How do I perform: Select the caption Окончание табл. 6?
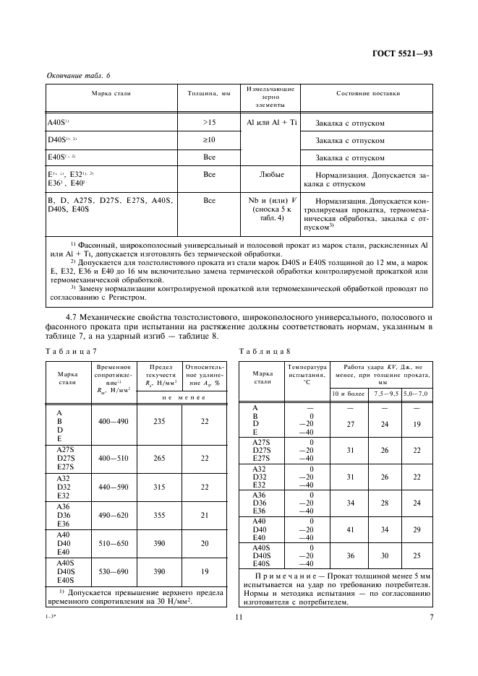point(77,75)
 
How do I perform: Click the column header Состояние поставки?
point(368,94)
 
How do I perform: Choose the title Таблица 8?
point(264,351)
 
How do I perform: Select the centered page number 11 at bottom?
point(239,617)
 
